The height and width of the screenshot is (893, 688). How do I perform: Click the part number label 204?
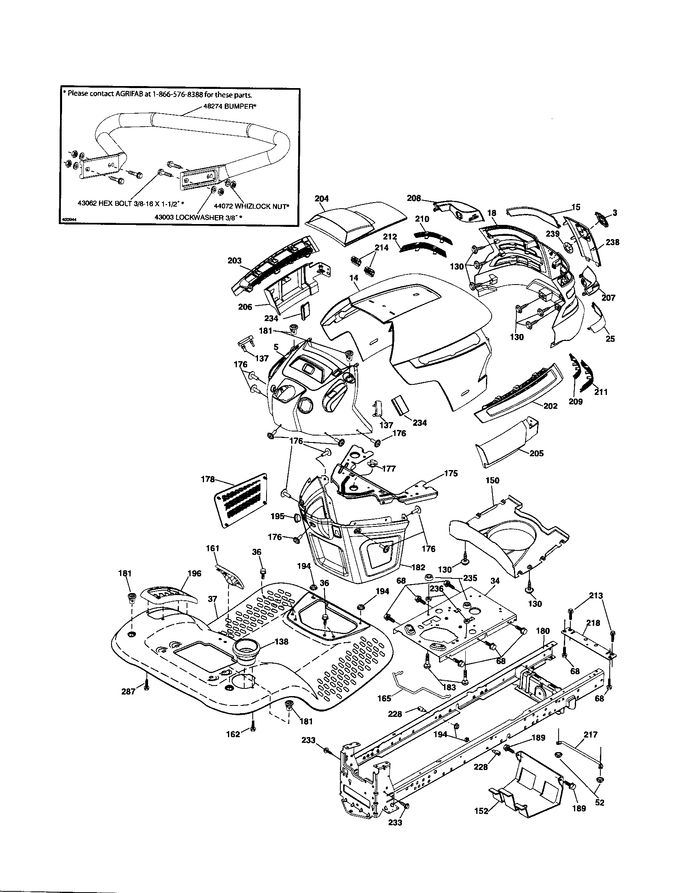click(322, 199)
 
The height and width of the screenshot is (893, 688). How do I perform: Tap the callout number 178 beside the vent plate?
click(209, 479)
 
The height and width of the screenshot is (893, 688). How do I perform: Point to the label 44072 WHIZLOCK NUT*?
click(251, 207)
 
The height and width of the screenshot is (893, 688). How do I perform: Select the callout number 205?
click(536, 453)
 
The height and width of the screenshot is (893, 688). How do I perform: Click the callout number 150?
click(492, 481)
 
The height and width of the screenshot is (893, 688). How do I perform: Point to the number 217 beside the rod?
click(591, 735)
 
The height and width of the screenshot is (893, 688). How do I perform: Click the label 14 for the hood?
click(354, 278)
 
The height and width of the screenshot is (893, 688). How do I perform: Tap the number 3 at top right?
click(615, 213)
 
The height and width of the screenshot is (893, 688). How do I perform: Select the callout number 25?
click(610, 339)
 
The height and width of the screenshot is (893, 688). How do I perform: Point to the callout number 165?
click(384, 699)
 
